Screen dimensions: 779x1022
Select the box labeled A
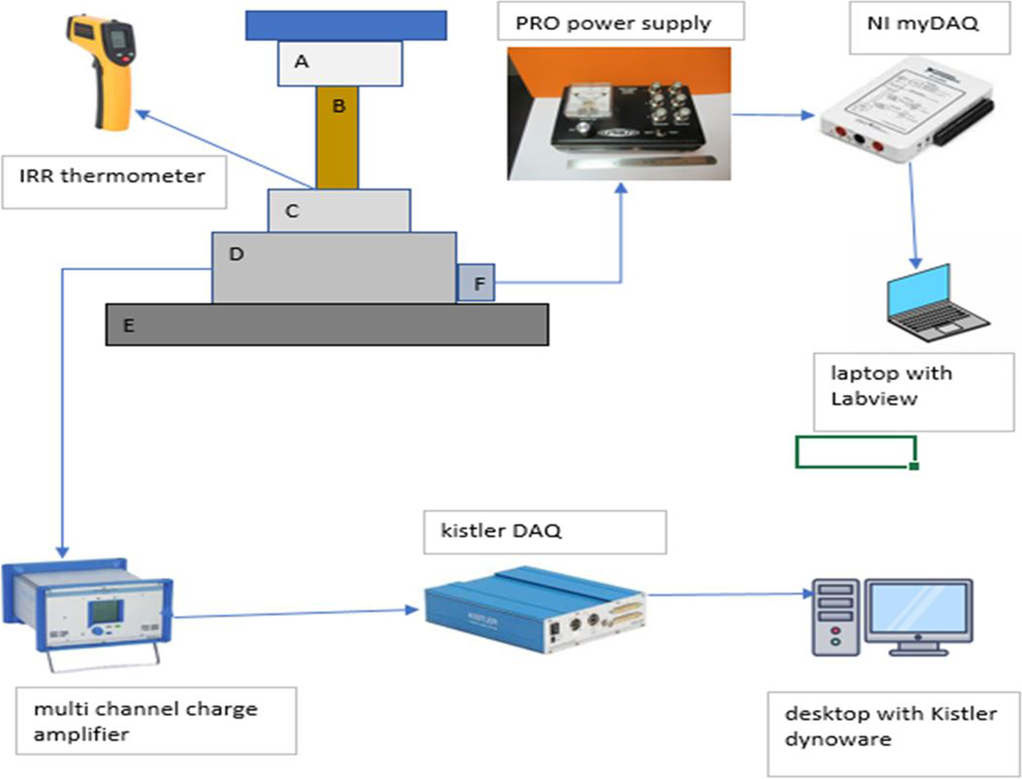pos(340,63)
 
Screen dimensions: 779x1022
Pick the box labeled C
pos(339,211)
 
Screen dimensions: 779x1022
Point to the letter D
pos(236,254)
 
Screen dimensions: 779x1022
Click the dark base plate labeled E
pos(327,325)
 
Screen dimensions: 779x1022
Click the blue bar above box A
pos(346,25)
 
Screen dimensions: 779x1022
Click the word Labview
pos(874,399)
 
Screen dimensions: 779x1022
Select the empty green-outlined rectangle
pos(855,452)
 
